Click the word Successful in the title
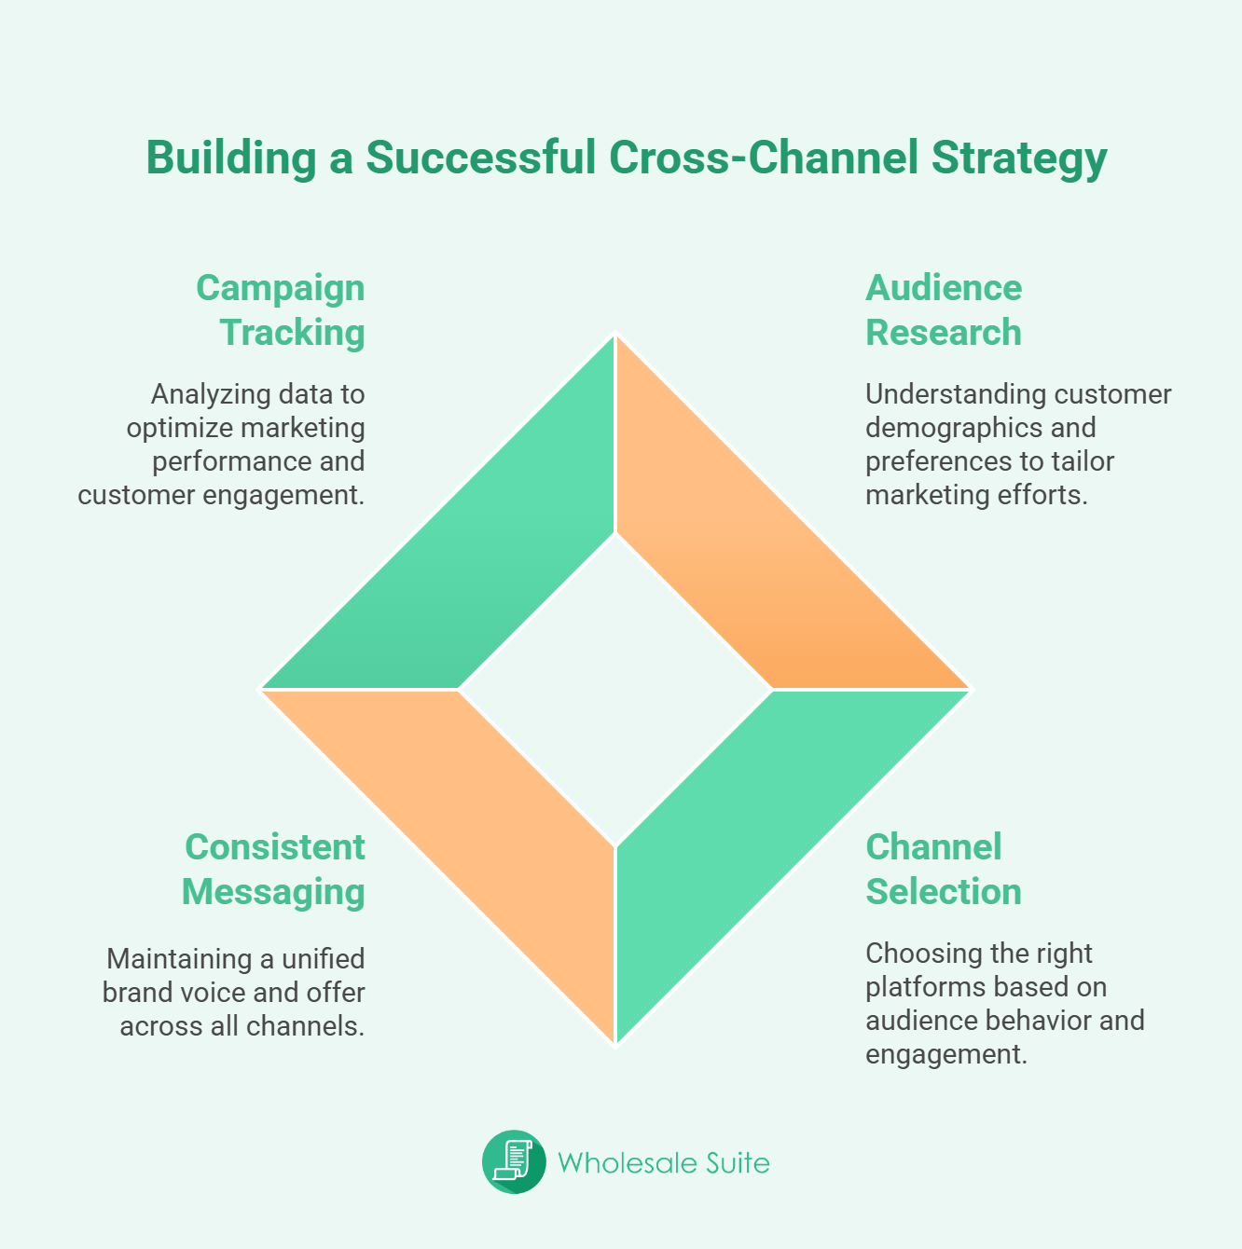point(480,158)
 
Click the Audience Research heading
point(943,309)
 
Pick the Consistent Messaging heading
point(274,869)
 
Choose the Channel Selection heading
point(943,869)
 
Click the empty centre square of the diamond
point(615,690)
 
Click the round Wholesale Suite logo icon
point(514,1162)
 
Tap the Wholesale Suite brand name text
point(664,1162)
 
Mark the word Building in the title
point(231,158)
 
